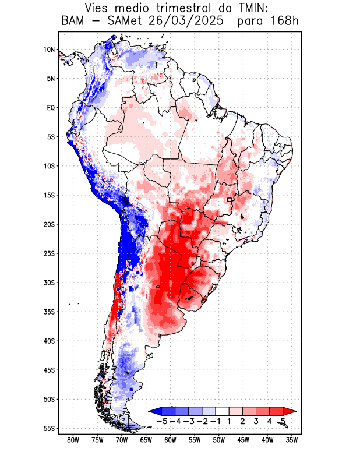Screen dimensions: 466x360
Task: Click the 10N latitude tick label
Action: coord(49,50)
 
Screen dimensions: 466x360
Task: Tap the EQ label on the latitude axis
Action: coord(50,108)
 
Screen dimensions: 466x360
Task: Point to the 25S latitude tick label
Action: coord(49,253)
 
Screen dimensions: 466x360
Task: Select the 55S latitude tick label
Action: coord(49,428)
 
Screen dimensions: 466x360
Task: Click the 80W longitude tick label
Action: coord(73,440)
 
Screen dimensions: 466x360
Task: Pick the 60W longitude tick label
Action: coord(171,440)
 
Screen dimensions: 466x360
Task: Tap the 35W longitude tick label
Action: coord(292,440)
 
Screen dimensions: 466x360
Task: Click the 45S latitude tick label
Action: coord(49,370)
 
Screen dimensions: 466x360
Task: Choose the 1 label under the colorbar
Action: coord(230,421)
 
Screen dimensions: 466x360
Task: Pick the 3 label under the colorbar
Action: coord(256,421)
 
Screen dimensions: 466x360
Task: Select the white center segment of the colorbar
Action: coord(223,411)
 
